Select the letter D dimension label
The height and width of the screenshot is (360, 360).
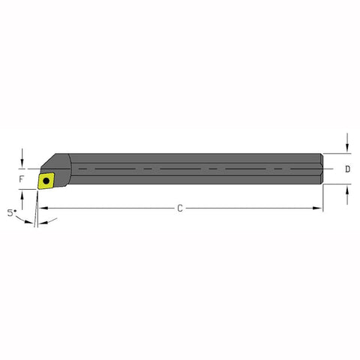point(347,169)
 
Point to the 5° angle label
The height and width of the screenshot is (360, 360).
point(12,213)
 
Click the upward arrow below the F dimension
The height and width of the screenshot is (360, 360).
point(25,197)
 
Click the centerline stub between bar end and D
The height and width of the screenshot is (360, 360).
point(331,169)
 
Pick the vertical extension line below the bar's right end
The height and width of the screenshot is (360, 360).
point(323,199)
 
